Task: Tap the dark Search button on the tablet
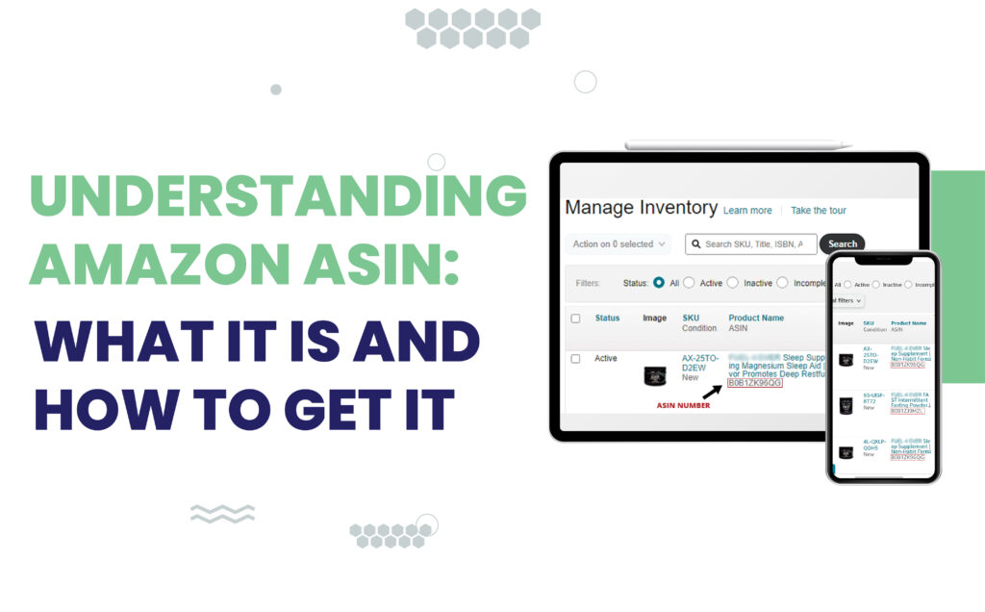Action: click(x=842, y=243)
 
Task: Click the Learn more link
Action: click(x=747, y=211)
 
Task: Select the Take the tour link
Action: click(x=819, y=211)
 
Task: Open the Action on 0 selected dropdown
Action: click(x=618, y=244)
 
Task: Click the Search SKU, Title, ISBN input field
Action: click(x=751, y=244)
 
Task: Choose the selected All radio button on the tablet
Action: click(x=659, y=283)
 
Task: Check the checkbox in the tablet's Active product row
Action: click(x=575, y=359)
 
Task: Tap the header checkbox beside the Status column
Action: click(x=575, y=319)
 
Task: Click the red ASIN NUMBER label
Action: click(x=682, y=406)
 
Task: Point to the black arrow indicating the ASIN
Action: click(x=712, y=391)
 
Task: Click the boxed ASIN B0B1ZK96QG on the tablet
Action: click(x=755, y=383)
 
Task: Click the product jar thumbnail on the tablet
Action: click(x=655, y=376)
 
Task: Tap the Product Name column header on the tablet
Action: click(x=756, y=318)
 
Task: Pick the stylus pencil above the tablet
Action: click(x=738, y=145)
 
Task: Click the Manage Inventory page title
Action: click(x=641, y=208)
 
